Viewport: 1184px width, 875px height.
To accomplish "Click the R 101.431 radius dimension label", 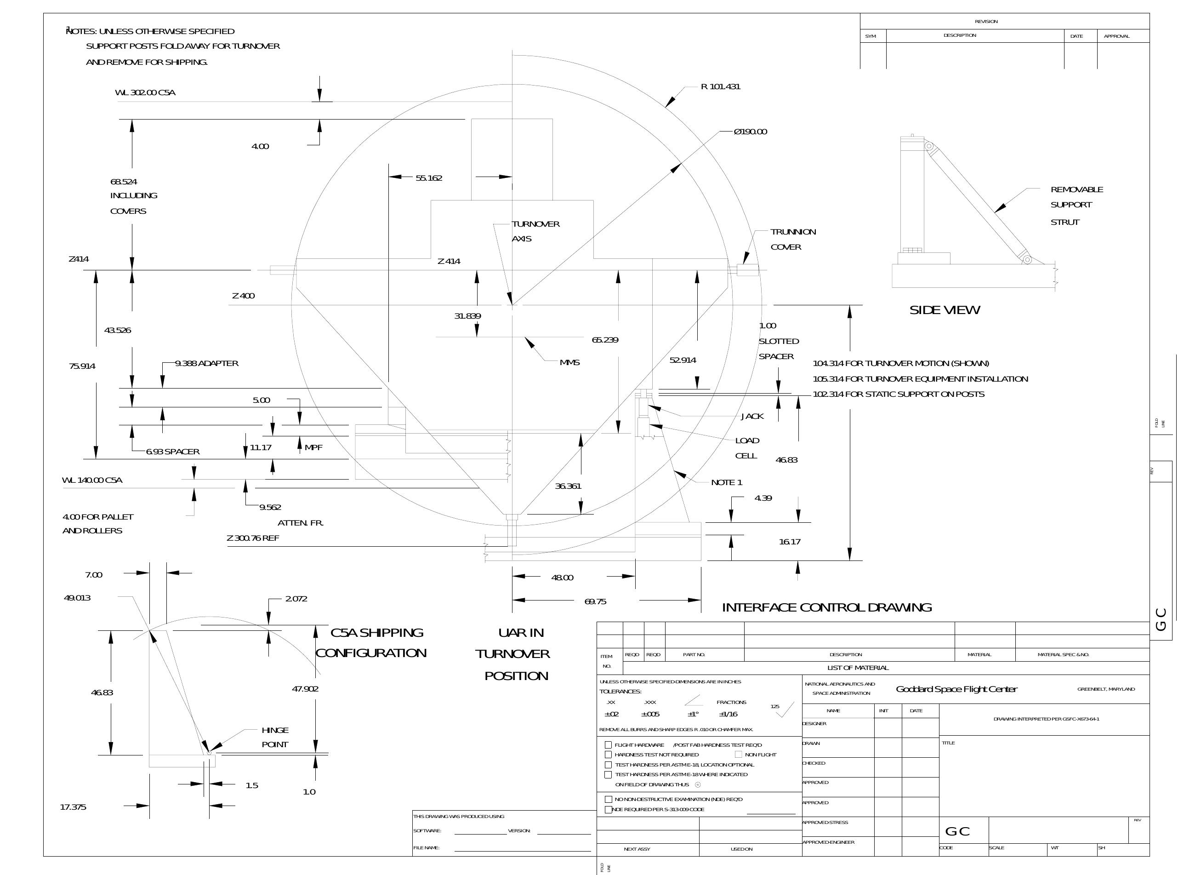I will pos(720,87).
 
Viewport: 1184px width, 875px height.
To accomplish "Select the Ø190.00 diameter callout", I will pos(750,132).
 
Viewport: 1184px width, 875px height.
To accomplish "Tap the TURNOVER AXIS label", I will pos(535,231).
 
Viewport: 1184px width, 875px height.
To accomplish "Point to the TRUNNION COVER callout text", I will pos(793,240).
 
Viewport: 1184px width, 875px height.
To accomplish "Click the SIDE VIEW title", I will pos(944,310).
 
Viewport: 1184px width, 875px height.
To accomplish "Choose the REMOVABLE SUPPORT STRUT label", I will pos(1076,206).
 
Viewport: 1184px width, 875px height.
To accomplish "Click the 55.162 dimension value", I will pos(428,178).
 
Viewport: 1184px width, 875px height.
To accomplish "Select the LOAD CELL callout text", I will pos(746,448).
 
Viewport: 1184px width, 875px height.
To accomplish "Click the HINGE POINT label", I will pos(274,737).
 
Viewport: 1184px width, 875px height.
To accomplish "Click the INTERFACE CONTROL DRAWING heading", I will pos(826,607).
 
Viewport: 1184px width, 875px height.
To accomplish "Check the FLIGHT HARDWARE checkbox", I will pos(608,745).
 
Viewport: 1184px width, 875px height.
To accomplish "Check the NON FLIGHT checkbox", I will pos(738,754).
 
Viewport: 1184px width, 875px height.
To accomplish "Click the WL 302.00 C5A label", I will pos(145,93).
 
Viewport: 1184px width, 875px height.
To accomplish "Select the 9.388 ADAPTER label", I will pos(206,363).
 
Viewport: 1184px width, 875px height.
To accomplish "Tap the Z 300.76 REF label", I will pos(253,538).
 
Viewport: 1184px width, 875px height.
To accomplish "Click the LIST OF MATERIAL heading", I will pos(858,668).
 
